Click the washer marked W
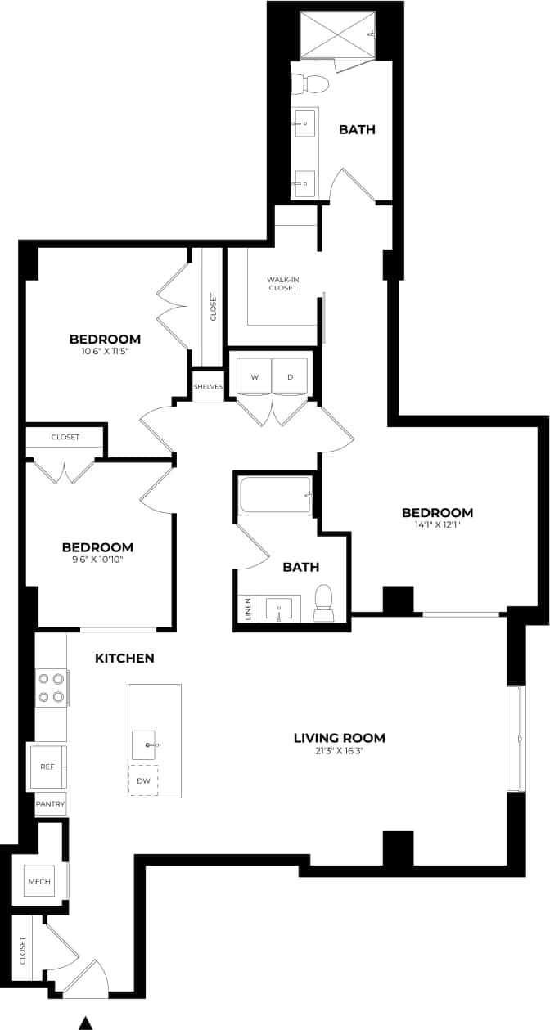tap(254, 377)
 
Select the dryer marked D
tap(290, 377)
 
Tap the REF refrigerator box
tap(47, 767)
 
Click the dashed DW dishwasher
tap(143, 780)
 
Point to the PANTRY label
tap(50, 804)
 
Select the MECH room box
tap(39, 881)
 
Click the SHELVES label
tap(208, 387)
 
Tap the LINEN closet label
tap(248, 609)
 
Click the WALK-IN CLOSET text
tap(282, 284)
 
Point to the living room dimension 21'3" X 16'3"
tap(339, 750)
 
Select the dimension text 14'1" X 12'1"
tap(437, 525)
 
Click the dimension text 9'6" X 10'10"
tap(98, 560)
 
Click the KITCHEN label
tap(124, 658)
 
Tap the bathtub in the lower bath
tap(275, 496)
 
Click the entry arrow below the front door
tap(85, 1022)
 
